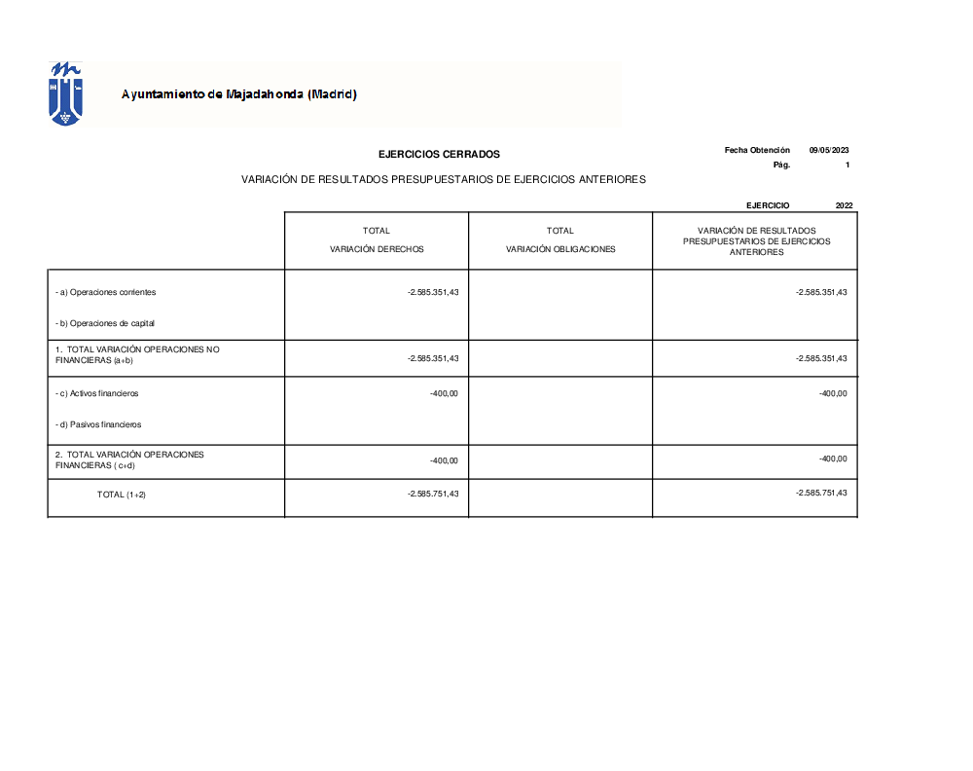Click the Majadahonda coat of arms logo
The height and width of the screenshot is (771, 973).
pos(65,93)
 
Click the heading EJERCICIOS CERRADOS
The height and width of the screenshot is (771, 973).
pos(439,154)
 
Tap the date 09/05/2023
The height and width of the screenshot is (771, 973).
pos(829,150)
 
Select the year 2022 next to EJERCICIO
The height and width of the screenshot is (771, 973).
pos(844,205)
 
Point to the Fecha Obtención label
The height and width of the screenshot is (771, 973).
pos(757,150)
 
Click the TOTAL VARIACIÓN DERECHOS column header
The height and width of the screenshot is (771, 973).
pos(377,239)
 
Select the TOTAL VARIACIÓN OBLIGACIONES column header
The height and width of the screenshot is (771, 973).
pos(560,239)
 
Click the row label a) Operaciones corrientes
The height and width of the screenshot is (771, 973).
pos(106,292)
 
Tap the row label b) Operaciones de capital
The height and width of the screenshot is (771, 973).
pos(106,323)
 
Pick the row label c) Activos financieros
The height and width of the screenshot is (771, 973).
pos(98,393)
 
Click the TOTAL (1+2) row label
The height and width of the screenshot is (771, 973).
pos(122,495)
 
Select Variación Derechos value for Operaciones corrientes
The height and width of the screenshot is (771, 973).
pos(432,292)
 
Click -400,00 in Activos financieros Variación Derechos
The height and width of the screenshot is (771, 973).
pos(444,393)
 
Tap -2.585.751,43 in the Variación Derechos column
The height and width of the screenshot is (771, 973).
pos(432,494)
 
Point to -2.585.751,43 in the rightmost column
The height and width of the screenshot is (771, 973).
pos(821,493)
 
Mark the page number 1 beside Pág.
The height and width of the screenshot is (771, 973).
pos(847,165)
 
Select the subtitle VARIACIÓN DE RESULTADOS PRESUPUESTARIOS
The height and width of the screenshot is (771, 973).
pos(444,180)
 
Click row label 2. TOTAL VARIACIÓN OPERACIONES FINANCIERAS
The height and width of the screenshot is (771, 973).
pos(129,459)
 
